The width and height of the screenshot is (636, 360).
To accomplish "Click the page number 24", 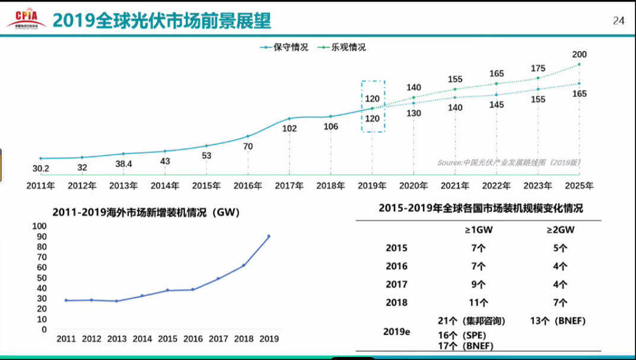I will point(618,21).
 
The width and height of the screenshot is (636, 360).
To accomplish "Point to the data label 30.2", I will point(40,169).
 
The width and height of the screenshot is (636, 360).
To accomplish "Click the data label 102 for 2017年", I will point(290,129).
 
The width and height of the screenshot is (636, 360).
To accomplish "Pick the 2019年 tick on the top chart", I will point(373,185).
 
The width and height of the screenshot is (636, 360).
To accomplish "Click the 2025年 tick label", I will point(579,185).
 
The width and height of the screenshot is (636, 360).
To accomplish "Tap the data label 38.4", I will point(123,164).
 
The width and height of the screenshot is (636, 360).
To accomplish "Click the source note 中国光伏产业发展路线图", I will point(509,163).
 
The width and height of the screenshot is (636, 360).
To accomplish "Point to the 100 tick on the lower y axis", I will point(39,226).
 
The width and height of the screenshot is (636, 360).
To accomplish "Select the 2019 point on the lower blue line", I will point(268,236).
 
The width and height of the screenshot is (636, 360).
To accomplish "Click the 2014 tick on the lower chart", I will point(142,339).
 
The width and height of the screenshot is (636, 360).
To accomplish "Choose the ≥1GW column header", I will point(477,230).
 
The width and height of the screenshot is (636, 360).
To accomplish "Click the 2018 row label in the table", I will point(396,302).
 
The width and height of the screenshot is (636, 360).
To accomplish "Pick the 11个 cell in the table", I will point(477,302).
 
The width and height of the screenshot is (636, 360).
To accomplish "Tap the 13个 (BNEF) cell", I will point(557,321).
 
